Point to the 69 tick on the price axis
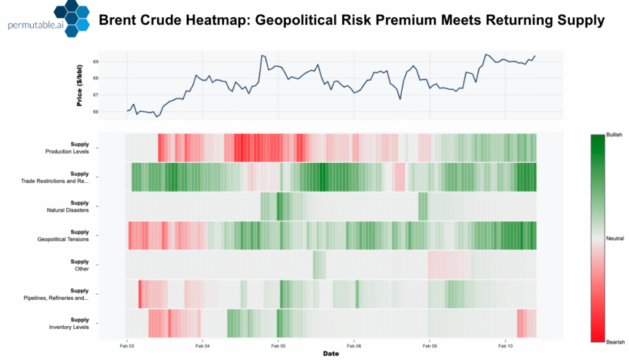[95, 61]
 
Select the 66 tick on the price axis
[95, 112]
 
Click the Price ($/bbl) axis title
[80, 86]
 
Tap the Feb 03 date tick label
[127, 345]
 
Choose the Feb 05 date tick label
[278, 345]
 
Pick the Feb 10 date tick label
[505, 345]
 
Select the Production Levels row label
[67, 151]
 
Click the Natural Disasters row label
[68, 210]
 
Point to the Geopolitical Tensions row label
[64, 239]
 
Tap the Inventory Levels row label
[69, 327]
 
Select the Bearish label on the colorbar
[615, 342]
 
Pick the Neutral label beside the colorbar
[615, 238]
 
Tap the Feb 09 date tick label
[429, 345]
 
